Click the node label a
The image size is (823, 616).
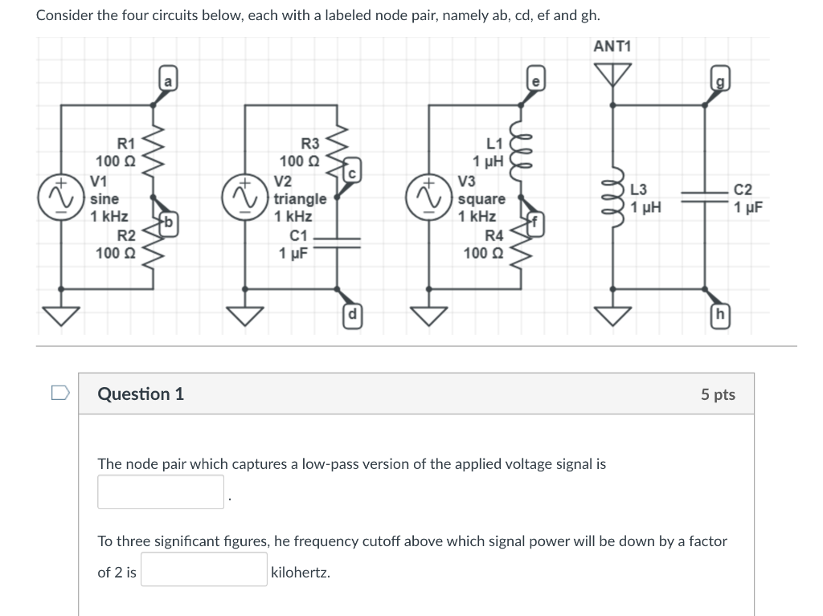(167, 80)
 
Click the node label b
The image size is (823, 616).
(168, 221)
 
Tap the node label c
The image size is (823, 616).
(351, 173)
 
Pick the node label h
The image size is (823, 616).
(719, 313)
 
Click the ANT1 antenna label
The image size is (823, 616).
(612, 47)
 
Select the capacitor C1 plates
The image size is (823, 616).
(338, 244)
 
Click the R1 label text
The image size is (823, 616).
(126, 145)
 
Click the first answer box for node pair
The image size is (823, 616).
(161, 492)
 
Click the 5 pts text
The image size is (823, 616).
(717, 394)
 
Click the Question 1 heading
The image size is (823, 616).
(141, 394)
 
